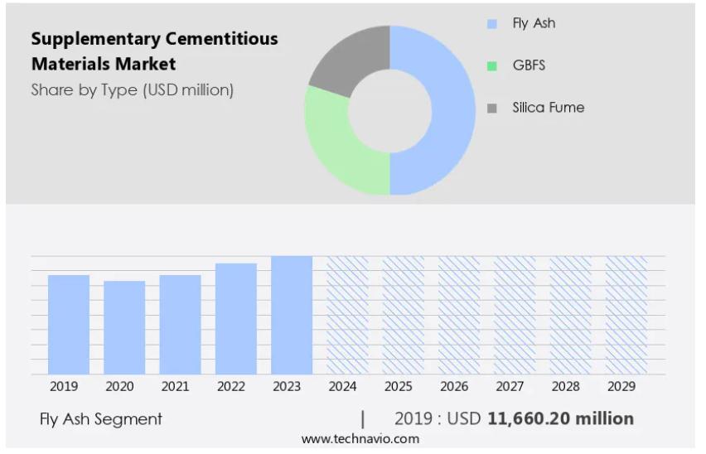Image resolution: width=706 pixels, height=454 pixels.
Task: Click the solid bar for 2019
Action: pyautogui.click(x=69, y=324)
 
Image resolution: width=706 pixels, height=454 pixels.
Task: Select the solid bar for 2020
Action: pyautogui.click(x=124, y=327)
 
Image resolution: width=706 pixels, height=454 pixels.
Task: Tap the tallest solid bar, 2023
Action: pyautogui.click(x=292, y=315)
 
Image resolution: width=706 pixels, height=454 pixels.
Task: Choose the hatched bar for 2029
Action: pyautogui.click(x=626, y=315)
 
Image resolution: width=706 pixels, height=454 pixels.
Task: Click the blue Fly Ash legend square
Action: pyautogui.click(x=492, y=24)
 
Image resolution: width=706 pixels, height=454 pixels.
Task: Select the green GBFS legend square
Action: pyautogui.click(x=492, y=65)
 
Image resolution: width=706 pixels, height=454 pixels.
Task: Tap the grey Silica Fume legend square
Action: pyautogui.click(x=492, y=108)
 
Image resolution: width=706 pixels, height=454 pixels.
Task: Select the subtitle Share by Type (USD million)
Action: pyautogui.click(x=133, y=89)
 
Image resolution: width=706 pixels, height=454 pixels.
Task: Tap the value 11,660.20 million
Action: pyautogui.click(x=561, y=418)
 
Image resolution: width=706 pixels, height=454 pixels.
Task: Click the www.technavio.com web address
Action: pyautogui.click(x=360, y=438)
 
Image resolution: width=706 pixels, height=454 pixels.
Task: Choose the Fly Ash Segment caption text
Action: pyautogui.click(x=101, y=419)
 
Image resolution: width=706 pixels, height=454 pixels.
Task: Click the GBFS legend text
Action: pyautogui.click(x=529, y=65)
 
